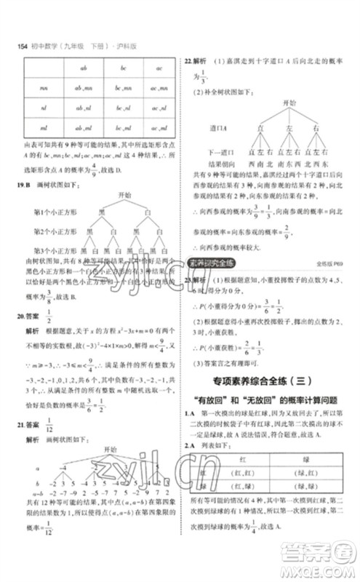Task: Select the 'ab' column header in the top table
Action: coord(82,70)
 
